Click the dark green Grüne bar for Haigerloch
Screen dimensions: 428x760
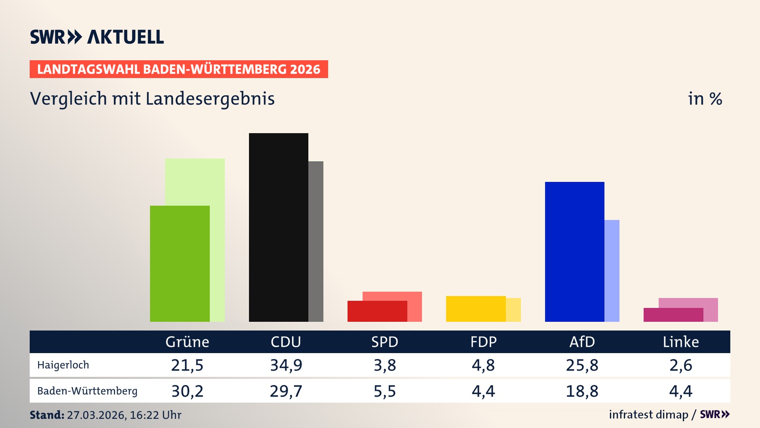180,264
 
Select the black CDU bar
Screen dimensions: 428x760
278,227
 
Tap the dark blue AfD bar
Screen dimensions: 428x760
574,252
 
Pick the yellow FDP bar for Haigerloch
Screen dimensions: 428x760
475,309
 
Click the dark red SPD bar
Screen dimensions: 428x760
377,311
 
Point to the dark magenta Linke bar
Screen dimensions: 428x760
673,315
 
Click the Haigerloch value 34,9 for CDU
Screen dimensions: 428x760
286,365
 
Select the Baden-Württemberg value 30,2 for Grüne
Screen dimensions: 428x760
187,391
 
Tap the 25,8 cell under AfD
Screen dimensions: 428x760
582,365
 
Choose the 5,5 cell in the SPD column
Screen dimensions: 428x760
385,391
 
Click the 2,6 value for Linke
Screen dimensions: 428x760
681,365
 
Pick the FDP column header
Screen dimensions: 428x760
483,342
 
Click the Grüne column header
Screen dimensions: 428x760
187,342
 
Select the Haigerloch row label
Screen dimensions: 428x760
63,365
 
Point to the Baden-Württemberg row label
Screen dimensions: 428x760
87,391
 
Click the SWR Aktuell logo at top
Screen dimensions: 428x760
97,37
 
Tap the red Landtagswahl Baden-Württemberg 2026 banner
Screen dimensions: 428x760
179,69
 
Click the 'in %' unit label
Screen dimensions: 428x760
705,99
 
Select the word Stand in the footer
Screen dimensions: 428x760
47,415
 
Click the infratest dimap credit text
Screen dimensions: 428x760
648,415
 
